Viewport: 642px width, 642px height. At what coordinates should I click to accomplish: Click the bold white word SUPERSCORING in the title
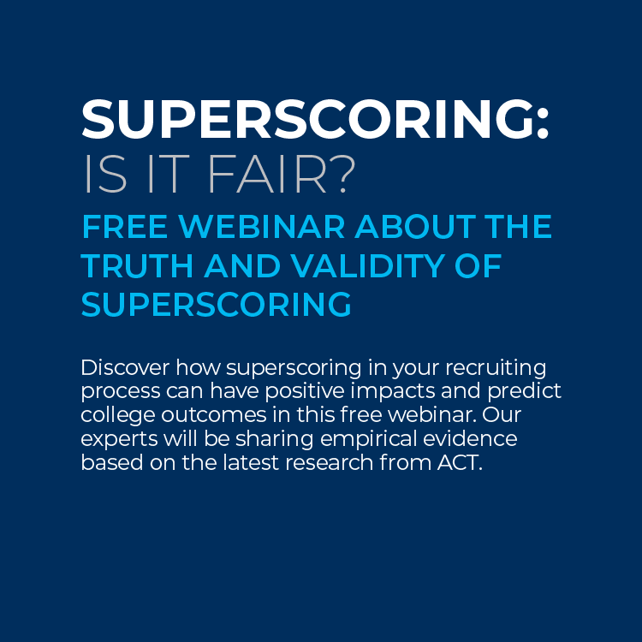coord(307,119)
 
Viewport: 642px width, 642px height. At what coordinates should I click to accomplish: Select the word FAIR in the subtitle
coord(267,174)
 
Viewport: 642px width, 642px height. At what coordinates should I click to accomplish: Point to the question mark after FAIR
coord(342,174)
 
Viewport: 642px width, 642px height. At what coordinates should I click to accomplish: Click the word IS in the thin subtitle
coord(105,174)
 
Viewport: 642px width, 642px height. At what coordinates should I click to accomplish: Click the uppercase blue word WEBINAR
coord(262,227)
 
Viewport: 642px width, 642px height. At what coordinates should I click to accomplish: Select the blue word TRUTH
coord(137,265)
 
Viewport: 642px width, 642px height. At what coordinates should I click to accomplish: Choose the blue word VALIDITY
coord(368,265)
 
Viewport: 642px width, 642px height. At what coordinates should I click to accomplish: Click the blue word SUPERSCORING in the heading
coord(217,305)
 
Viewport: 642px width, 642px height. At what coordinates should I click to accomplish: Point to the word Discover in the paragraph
coord(125,367)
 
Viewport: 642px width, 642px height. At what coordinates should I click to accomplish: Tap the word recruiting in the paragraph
coord(496,368)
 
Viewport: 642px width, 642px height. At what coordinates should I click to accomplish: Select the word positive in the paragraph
coord(305,392)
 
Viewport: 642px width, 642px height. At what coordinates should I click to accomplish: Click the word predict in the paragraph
coord(524,392)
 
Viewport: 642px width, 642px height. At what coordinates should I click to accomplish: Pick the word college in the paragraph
coord(118,416)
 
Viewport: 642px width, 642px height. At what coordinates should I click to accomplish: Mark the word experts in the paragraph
coord(119,440)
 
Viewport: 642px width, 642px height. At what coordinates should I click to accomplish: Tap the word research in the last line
coord(330,463)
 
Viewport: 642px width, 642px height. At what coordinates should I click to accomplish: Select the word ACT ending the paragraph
coord(460,463)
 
